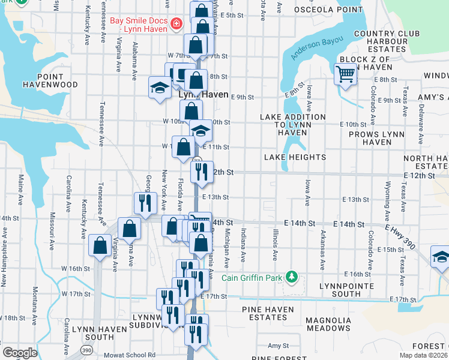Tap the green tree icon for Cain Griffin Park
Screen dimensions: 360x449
292,275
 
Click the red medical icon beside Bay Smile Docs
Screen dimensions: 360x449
176,25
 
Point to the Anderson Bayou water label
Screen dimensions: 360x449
317,49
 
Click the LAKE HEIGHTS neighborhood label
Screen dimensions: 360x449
295,157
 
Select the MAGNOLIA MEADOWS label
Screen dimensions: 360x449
328,324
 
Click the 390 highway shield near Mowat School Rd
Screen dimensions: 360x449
87,349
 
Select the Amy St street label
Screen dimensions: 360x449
278,346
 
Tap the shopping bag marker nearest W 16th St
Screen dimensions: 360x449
100,245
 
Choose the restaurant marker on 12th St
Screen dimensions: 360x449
202,172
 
